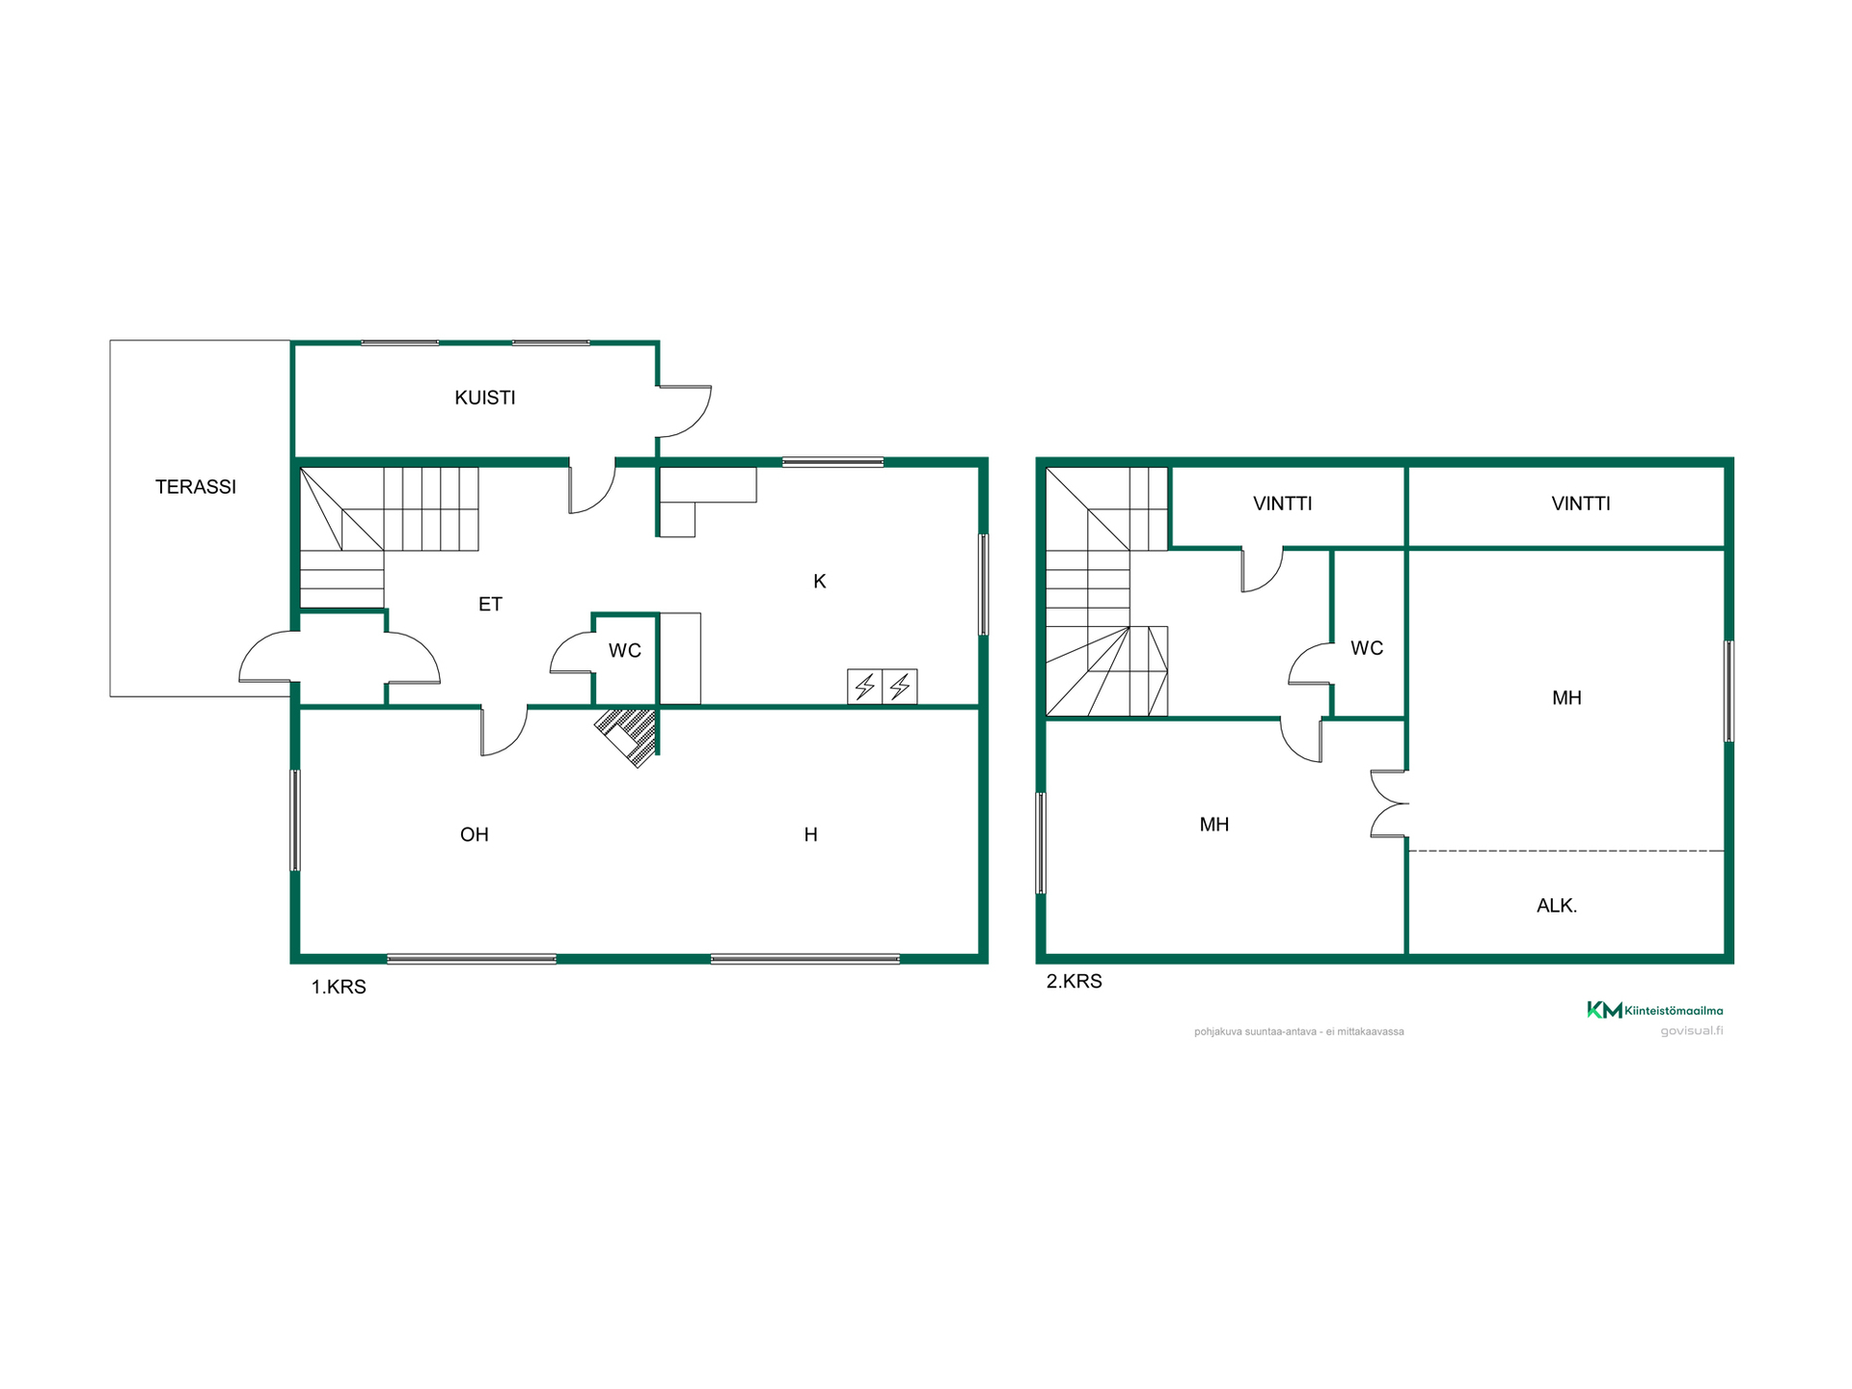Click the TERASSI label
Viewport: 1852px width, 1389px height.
tap(196, 487)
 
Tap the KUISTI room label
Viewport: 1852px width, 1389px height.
tap(485, 397)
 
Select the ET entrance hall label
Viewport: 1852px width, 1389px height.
tap(490, 604)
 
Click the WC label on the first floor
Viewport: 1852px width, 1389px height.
tap(625, 651)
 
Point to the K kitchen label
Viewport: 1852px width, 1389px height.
tap(820, 581)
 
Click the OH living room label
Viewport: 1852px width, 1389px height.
tap(475, 834)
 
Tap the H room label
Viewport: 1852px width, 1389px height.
tap(811, 834)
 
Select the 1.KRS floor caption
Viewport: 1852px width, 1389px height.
tap(339, 987)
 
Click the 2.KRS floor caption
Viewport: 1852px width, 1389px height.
tap(1075, 981)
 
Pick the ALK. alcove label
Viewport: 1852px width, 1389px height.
tap(1557, 906)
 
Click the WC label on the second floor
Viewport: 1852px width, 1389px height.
tap(1367, 648)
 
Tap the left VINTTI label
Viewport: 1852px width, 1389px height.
tap(1283, 504)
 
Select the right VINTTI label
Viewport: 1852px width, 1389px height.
tap(1581, 504)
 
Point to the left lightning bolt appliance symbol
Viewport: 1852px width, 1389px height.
tap(865, 687)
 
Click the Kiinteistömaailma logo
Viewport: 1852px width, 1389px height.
tap(1655, 1010)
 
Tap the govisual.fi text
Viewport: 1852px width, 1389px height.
tap(1692, 1030)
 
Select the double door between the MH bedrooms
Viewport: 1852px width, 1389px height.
tap(1389, 803)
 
